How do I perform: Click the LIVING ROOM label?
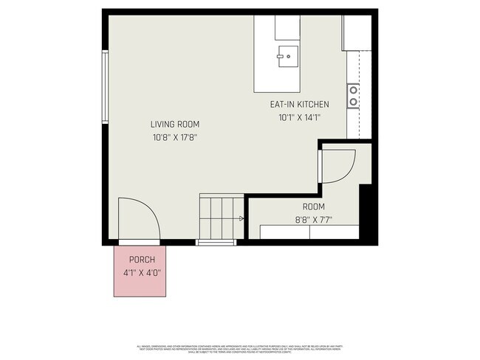click(x=175, y=124)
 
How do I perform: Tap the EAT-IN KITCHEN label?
click(x=299, y=105)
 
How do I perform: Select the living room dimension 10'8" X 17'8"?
click(x=175, y=137)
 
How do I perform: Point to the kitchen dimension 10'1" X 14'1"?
click(x=299, y=117)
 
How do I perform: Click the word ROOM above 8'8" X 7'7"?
click(x=313, y=207)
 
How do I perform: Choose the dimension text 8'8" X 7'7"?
click(x=313, y=219)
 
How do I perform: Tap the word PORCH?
click(x=142, y=260)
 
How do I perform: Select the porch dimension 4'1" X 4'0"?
click(x=142, y=272)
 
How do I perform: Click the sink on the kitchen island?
click(x=287, y=55)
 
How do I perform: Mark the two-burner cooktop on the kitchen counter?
click(x=354, y=95)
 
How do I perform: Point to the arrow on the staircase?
click(x=241, y=218)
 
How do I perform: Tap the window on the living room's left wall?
click(x=106, y=87)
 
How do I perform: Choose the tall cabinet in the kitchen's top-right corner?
click(x=356, y=31)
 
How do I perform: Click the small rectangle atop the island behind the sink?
click(x=287, y=27)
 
